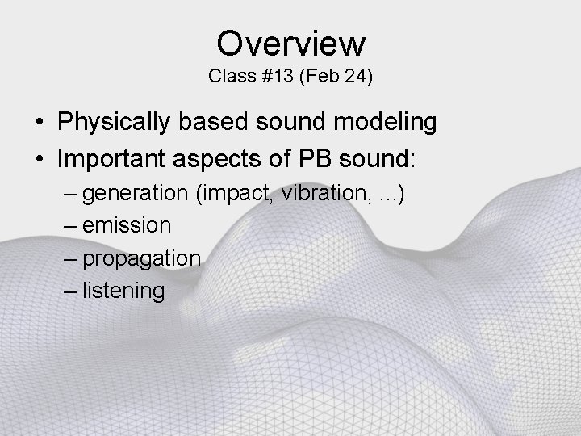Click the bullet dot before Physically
[39, 124]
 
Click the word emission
[127, 225]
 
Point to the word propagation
[142, 258]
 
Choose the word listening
[123, 291]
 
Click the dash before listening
[69, 291]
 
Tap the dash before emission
[69, 225]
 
